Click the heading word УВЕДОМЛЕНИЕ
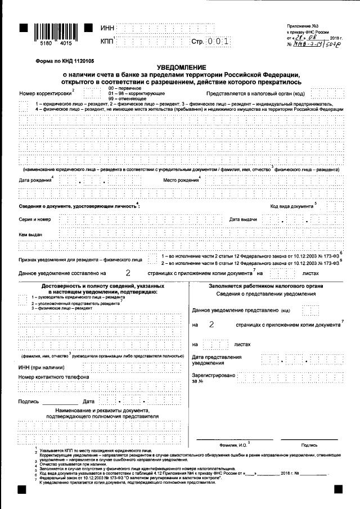[180, 67]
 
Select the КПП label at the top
[107, 42]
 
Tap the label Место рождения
[181, 180]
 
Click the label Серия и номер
[35, 219]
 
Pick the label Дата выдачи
[243, 219]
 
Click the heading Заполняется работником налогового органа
[266, 286]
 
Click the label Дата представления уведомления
[217, 360]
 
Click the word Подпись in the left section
[29, 402]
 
